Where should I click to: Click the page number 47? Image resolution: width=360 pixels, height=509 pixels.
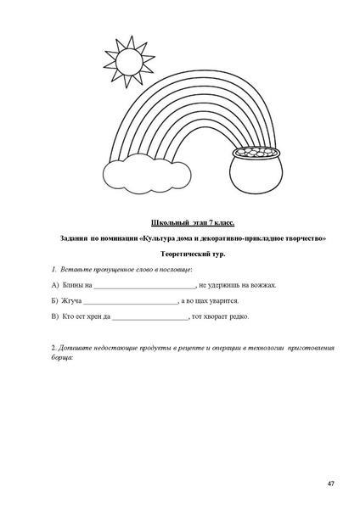[x=330, y=483]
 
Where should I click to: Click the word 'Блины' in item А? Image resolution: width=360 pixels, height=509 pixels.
[x=71, y=286]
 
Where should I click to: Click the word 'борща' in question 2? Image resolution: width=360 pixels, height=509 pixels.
[x=62, y=357]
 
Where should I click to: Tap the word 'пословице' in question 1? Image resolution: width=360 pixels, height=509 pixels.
[x=175, y=269]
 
